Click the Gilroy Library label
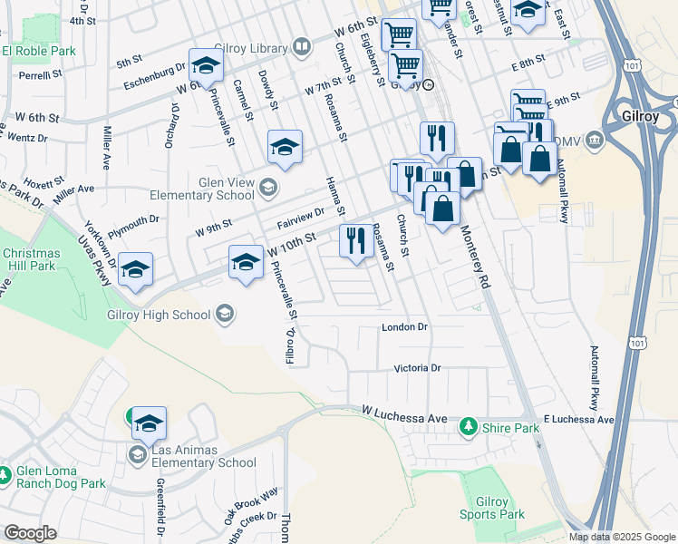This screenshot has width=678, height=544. pyautogui.click(x=250, y=46)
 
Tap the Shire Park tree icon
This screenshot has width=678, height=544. pyautogui.click(x=468, y=425)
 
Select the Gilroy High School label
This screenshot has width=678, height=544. pyautogui.click(x=160, y=315)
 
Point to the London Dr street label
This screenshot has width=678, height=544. pyautogui.click(x=404, y=326)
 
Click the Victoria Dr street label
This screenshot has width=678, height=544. pyautogui.click(x=417, y=368)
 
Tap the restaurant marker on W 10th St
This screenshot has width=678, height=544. pyautogui.click(x=354, y=241)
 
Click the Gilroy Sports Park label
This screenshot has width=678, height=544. pyautogui.click(x=500, y=508)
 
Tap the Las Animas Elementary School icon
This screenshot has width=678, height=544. pyautogui.click(x=137, y=453)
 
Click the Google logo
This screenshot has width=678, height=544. pyautogui.click(x=30, y=533)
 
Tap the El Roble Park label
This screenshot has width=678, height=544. pyautogui.click(x=38, y=52)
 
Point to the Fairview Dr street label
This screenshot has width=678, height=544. pyautogui.click(x=301, y=219)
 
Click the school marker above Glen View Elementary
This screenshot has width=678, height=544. pyautogui.click(x=285, y=147)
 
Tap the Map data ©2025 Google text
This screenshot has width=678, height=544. pyautogui.click(x=622, y=537)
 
